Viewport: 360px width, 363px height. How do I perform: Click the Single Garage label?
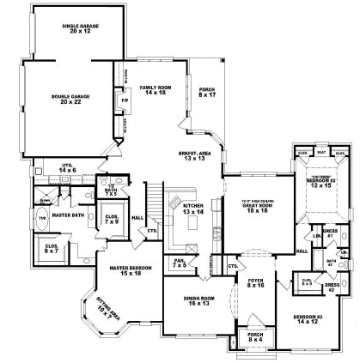point(81,28)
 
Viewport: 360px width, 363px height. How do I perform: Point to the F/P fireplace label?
point(124,100)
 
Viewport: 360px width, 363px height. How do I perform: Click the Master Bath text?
point(68,216)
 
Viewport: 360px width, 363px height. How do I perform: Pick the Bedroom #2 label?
point(320,184)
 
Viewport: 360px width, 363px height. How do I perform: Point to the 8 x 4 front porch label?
point(255,337)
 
